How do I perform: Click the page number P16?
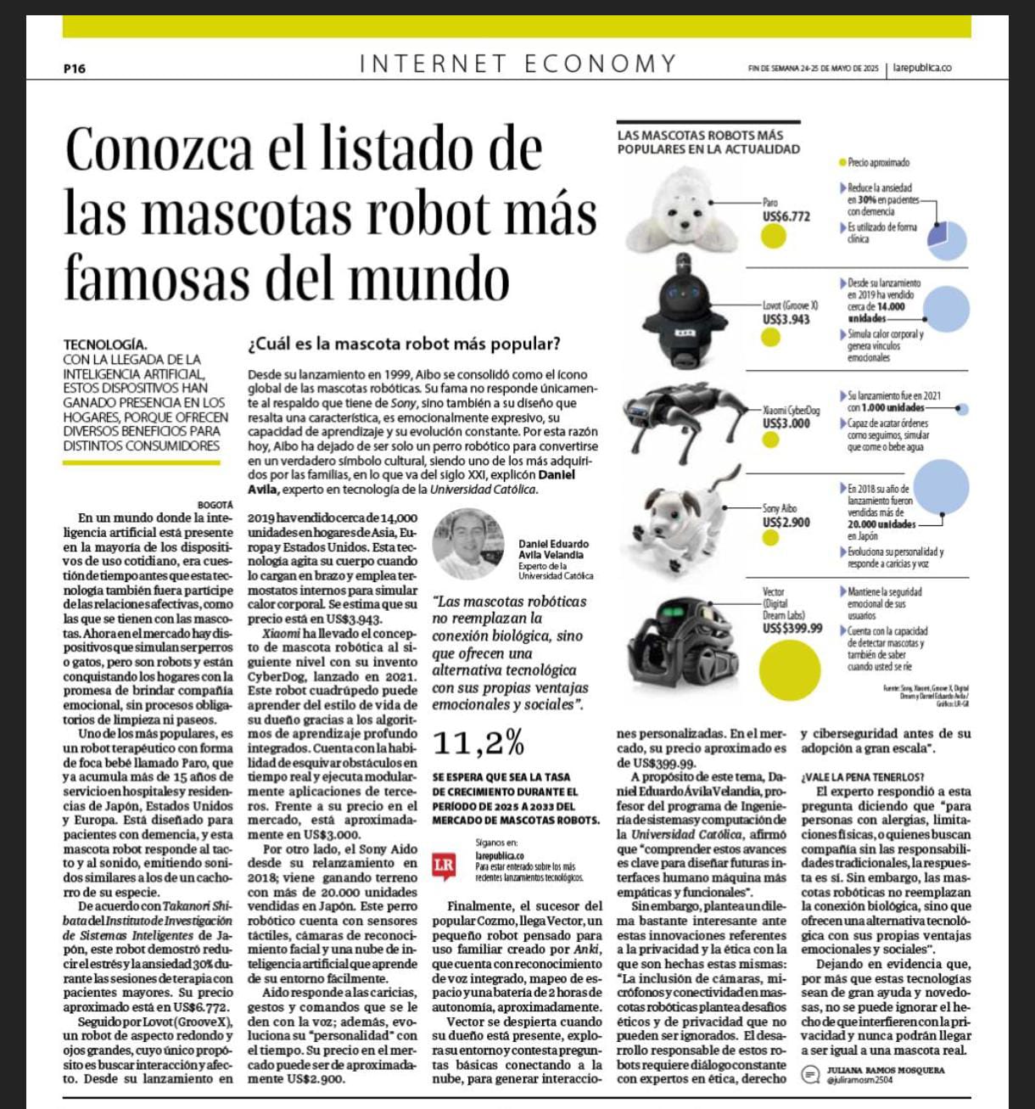pyautogui.click(x=75, y=69)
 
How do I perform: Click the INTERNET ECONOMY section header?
pyautogui.click(x=517, y=64)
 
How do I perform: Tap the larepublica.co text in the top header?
pyautogui.click(x=921, y=68)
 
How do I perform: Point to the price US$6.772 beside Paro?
pyautogui.click(x=786, y=216)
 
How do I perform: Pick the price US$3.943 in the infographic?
pyautogui.click(x=786, y=319)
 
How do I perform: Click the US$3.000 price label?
pyautogui.click(x=786, y=423)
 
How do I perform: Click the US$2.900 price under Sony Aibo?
pyautogui.click(x=786, y=523)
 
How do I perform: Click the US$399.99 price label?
pyautogui.click(x=792, y=628)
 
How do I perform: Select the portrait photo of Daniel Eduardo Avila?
pyautogui.click(x=468, y=543)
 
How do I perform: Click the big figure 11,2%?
pyautogui.click(x=478, y=743)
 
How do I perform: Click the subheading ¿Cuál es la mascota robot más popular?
pyautogui.click(x=404, y=344)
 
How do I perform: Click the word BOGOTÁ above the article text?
pyautogui.click(x=215, y=505)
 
